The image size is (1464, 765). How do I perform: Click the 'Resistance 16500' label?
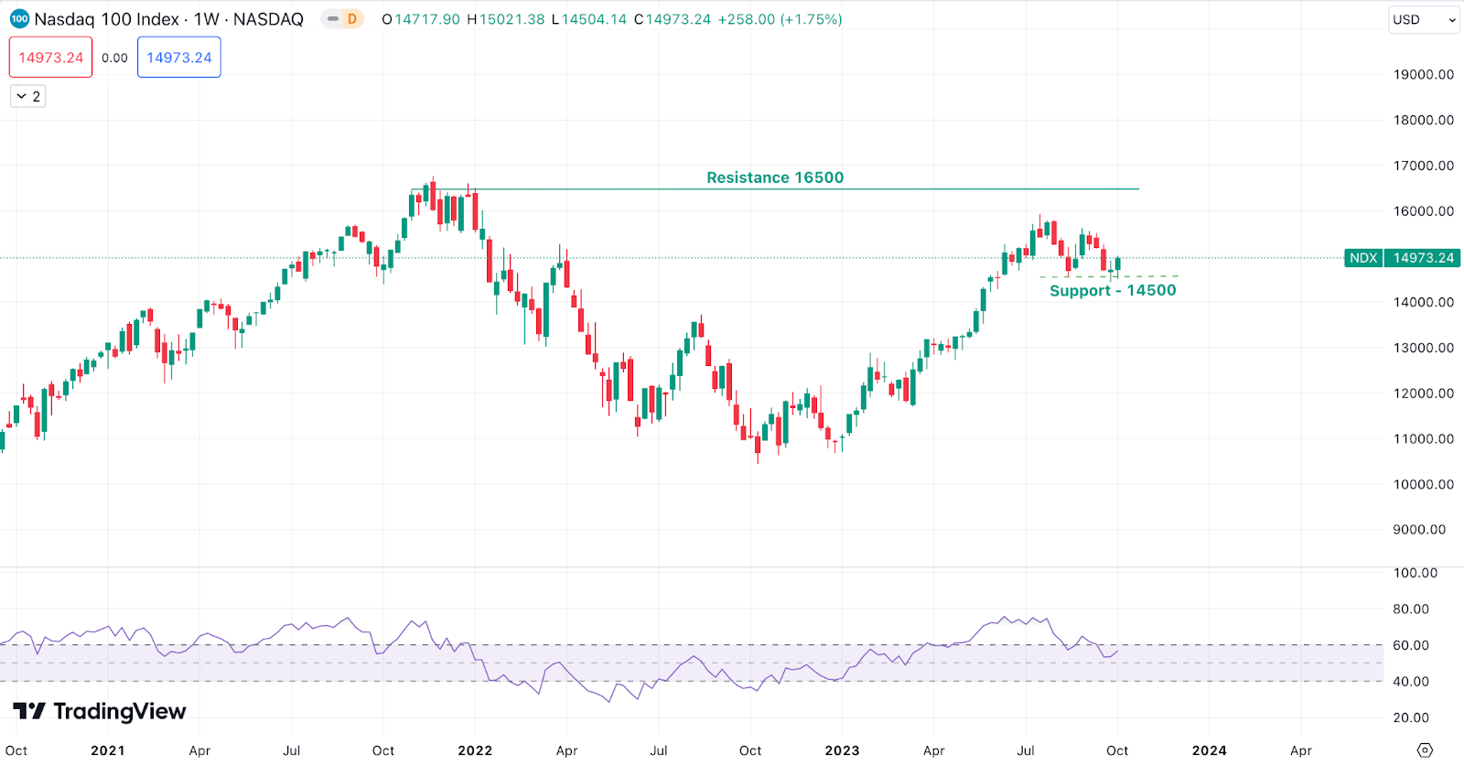click(x=774, y=178)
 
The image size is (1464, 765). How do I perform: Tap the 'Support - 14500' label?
click(x=1112, y=291)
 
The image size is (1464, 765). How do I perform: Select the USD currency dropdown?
click(x=1423, y=19)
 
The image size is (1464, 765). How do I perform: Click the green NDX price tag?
click(x=1362, y=258)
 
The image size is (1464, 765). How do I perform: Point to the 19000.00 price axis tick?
click(x=1423, y=75)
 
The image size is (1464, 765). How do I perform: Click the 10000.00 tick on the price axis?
click(x=1423, y=484)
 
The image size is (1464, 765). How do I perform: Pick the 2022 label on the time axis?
click(x=475, y=750)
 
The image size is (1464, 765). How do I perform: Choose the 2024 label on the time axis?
click(x=1209, y=750)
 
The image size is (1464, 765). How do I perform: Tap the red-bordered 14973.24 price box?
click(x=51, y=58)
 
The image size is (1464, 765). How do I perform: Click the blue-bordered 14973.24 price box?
click(x=179, y=58)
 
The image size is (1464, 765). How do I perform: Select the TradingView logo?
click(x=100, y=711)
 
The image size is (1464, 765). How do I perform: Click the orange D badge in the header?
click(x=351, y=19)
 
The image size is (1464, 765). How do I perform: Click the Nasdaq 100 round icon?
click(x=19, y=19)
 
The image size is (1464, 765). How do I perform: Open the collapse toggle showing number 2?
click(x=27, y=96)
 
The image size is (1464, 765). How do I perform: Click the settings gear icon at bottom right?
click(x=1424, y=750)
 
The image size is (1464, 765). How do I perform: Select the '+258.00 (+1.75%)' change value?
click(x=780, y=19)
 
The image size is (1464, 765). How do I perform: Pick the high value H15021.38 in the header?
click(x=506, y=19)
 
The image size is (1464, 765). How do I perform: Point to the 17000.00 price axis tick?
click(x=1423, y=166)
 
